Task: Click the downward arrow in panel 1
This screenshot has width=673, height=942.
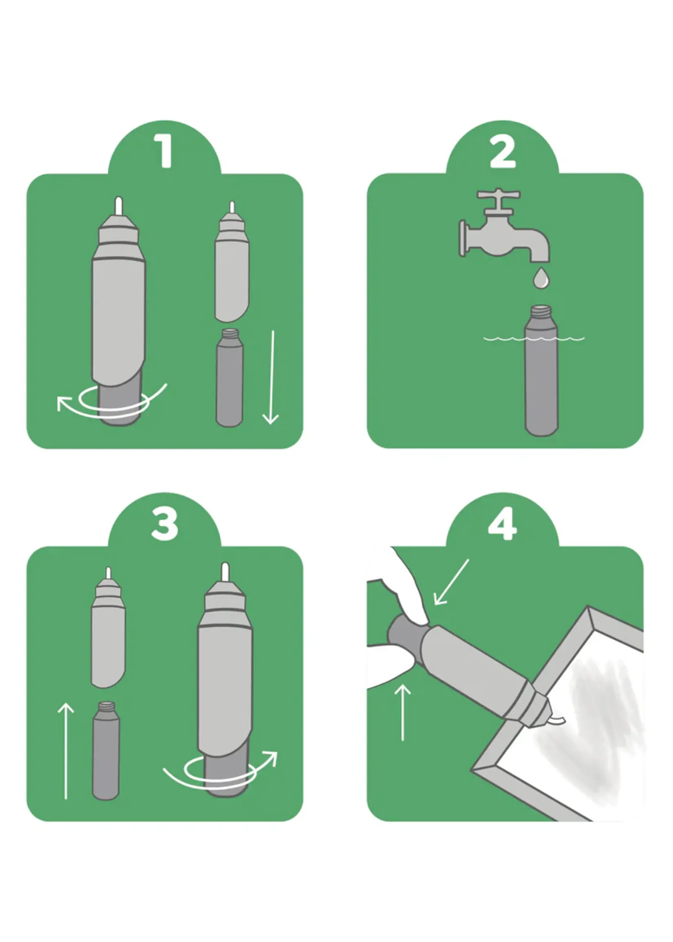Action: [271, 377]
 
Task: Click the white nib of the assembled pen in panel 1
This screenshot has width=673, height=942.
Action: [119, 206]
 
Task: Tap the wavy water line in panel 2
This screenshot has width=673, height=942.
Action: [534, 339]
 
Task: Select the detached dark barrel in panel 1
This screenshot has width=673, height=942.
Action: [230, 378]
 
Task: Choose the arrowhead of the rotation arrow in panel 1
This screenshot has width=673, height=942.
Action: [64, 404]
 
